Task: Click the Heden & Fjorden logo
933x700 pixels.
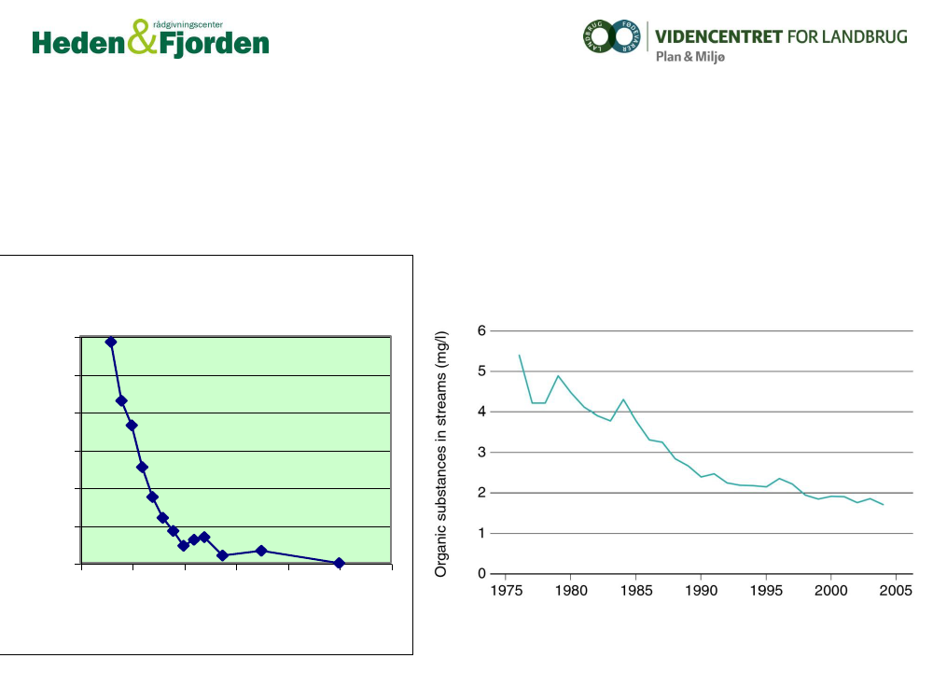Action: pos(150,38)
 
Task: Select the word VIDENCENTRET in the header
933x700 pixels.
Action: pos(719,37)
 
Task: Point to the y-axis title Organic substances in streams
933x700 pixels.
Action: pos(442,452)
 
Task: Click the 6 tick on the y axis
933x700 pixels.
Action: pos(481,330)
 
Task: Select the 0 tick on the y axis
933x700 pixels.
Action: pos(481,573)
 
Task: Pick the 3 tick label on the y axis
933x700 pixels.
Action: pos(481,452)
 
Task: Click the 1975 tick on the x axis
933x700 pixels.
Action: pos(505,591)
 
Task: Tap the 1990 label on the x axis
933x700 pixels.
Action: pos(701,591)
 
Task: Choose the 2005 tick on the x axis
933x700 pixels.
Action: pos(897,591)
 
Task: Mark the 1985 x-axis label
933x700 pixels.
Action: pos(635,591)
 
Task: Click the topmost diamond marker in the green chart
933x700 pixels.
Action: pos(110,342)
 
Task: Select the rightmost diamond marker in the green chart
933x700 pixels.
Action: pos(339,563)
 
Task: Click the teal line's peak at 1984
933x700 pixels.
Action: pos(622,399)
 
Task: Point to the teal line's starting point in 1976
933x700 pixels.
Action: pos(519,355)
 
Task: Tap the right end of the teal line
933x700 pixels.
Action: pos(884,505)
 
